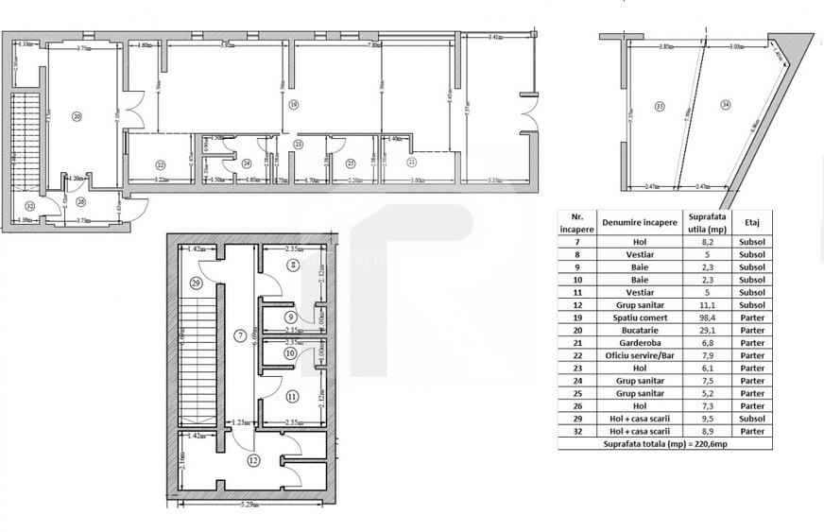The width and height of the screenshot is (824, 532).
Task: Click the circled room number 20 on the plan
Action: click(77, 116)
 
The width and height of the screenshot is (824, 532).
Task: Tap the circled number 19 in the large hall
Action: click(294, 104)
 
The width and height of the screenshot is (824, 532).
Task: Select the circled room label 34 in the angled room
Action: click(725, 104)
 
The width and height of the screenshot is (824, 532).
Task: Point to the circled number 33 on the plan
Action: click(657, 105)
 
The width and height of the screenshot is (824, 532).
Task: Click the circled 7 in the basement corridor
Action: click(240, 335)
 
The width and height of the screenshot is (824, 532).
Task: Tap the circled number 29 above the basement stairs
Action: click(196, 283)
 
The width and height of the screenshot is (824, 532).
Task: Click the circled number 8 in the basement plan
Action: click(294, 265)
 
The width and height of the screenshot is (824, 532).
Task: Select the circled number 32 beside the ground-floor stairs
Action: click(30, 206)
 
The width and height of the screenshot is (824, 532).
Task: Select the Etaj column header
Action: click(753, 223)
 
